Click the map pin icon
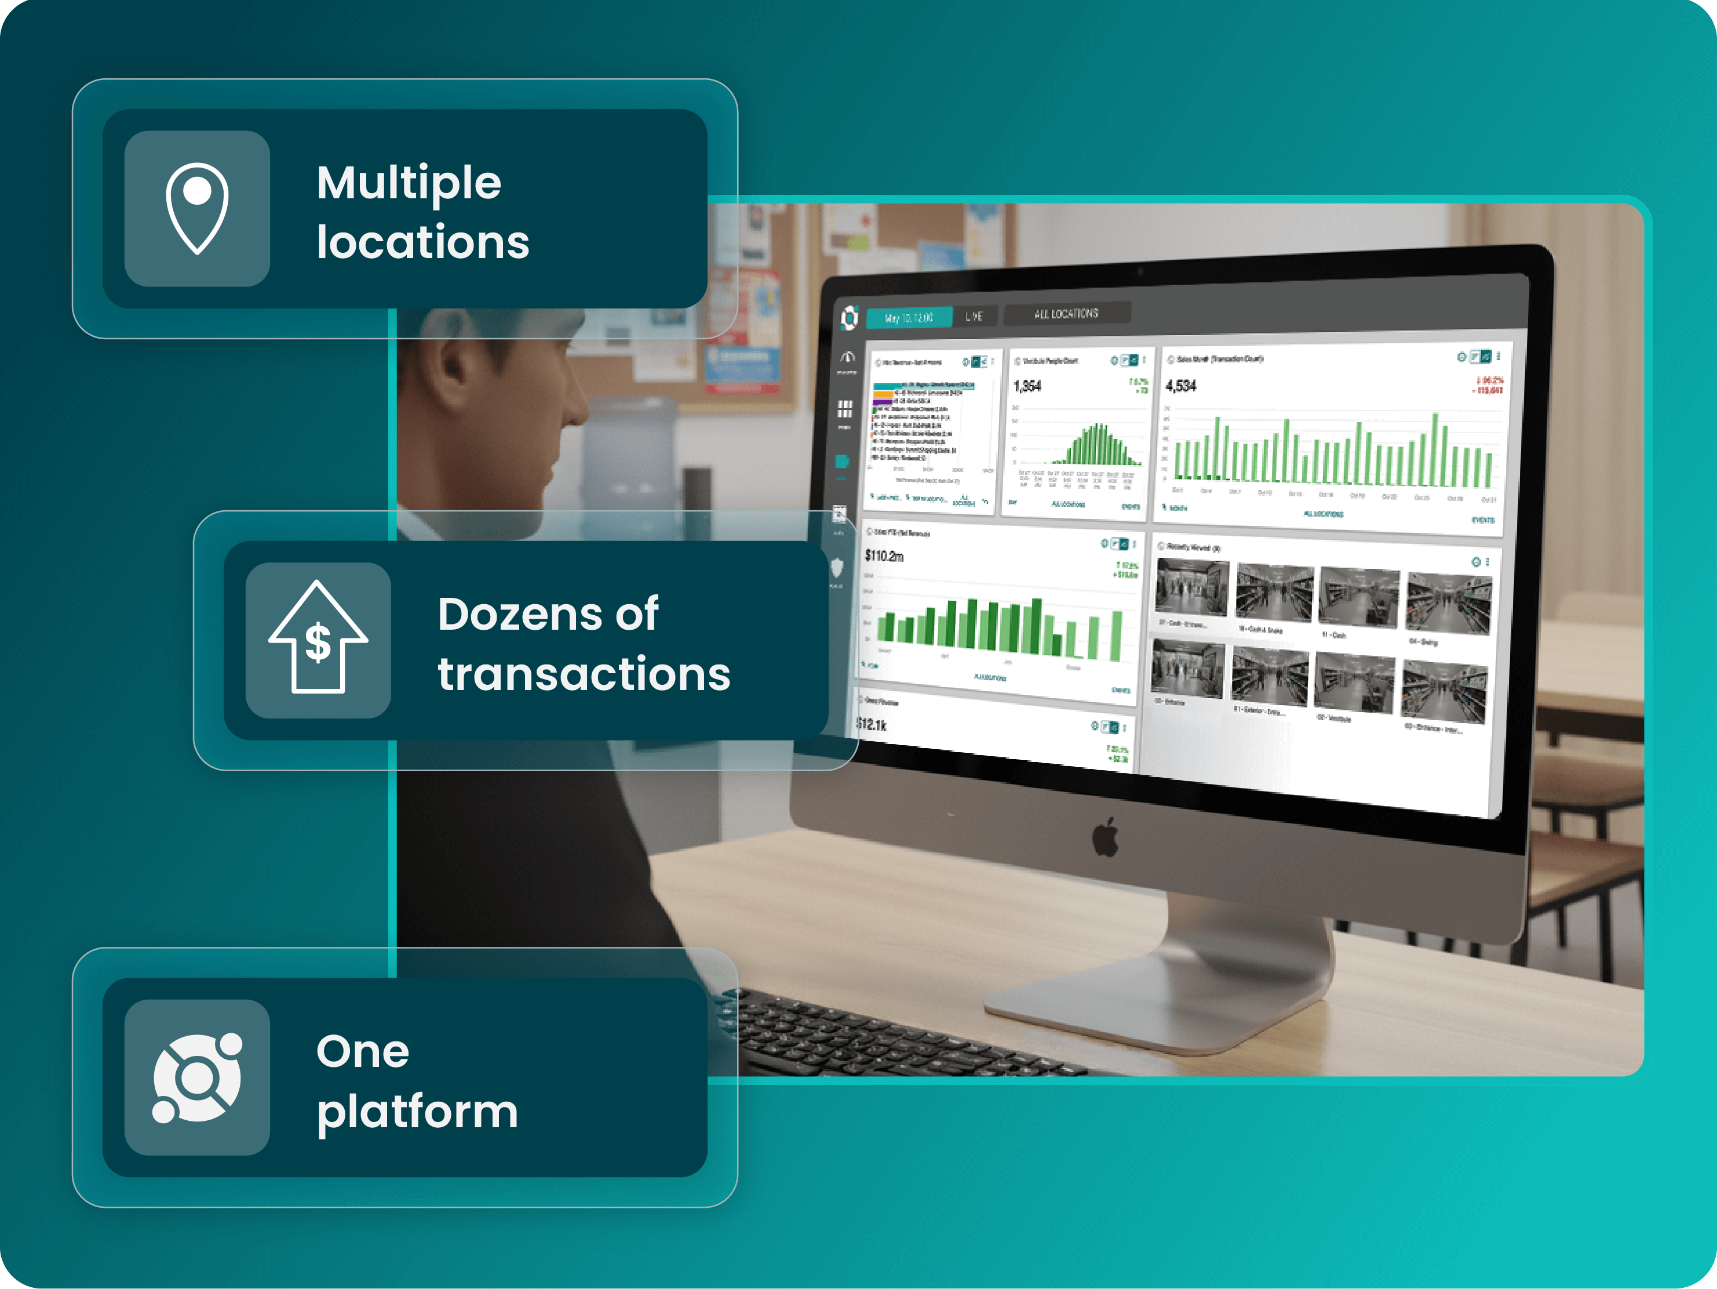point(197,208)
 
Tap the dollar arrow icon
point(318,639)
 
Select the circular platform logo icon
point(197,1078)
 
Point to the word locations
point(422,242)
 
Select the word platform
point(417,1112)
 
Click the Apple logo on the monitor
point(1105,837)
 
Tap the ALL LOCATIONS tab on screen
point(1066,314)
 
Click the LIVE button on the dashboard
point(974,316)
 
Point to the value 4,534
point(1180,386)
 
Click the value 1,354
point(1027,386)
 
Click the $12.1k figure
point(871,724)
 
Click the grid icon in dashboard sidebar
point(844,408)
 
